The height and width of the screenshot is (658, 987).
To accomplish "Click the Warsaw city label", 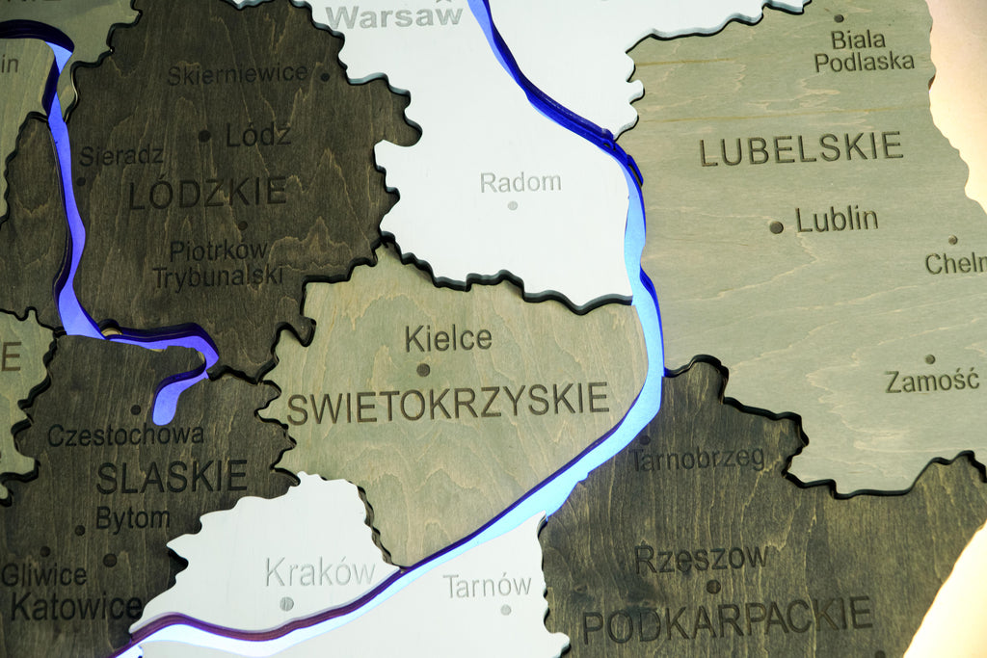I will [395, 16].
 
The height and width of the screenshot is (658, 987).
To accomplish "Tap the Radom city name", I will [520, 181].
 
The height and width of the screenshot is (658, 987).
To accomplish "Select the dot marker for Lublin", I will [776, 227].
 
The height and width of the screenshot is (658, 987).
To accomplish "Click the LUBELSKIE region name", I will [800, 149].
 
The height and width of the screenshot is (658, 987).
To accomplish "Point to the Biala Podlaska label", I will [864, 51].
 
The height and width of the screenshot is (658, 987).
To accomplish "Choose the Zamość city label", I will [932, 381].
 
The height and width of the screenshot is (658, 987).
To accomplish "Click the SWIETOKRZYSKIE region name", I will [448, 403].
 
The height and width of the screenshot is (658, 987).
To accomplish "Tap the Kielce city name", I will [447, 338].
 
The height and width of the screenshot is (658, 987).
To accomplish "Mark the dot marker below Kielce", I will [422, 369].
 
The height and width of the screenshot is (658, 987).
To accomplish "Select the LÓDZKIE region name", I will [207, 193].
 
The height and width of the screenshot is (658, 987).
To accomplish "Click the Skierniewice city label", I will [237, 73].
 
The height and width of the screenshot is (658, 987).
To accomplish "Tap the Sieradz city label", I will [120, 155].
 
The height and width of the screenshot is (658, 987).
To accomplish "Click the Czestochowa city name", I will [125, 434].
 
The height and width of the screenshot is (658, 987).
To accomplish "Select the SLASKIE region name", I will [172, 476].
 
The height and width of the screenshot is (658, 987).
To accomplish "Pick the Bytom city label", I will [132, 519].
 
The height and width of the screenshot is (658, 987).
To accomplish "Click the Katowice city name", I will [76, 608].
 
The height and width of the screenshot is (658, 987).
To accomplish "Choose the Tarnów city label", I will [487, 585].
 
